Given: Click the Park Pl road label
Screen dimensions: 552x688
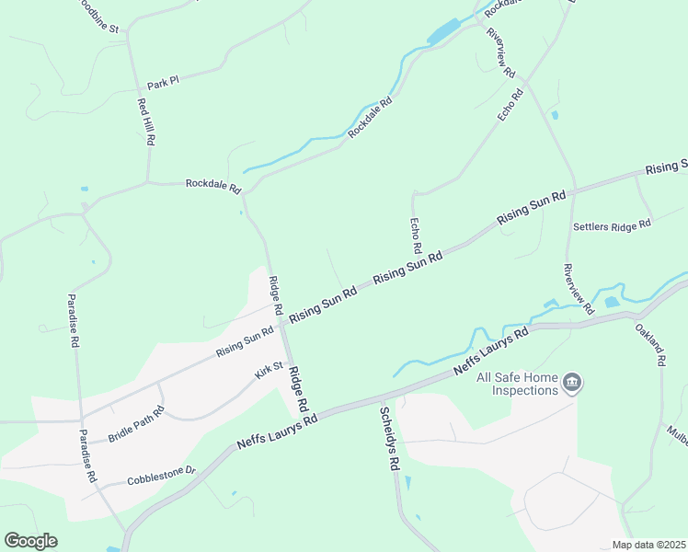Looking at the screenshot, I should (x=162, y=82).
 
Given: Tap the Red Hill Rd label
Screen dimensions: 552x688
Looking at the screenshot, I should (x=145, y=122).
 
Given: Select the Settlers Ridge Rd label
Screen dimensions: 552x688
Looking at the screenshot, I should (x=612, y=224).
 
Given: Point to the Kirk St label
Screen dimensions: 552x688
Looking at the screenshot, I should (x=269, y=374).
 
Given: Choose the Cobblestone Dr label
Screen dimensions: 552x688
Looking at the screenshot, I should (x=162, y=475).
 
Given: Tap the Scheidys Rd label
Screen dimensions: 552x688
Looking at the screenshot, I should (x=391, y=439).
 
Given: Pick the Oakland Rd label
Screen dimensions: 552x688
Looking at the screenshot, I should (x=649, y=344).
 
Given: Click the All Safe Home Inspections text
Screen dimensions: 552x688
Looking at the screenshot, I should (x=518, y=383).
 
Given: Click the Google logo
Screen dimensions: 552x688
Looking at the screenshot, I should (x=30, y=541).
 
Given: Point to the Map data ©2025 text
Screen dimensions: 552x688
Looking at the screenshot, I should (x=648, y=545).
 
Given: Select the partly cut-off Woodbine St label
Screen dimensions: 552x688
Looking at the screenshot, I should (x=99, y=15).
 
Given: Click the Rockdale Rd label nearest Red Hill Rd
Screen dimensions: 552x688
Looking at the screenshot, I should (x=212, y=184).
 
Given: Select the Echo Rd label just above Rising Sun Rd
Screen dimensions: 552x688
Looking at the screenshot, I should (x=415, y=236).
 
